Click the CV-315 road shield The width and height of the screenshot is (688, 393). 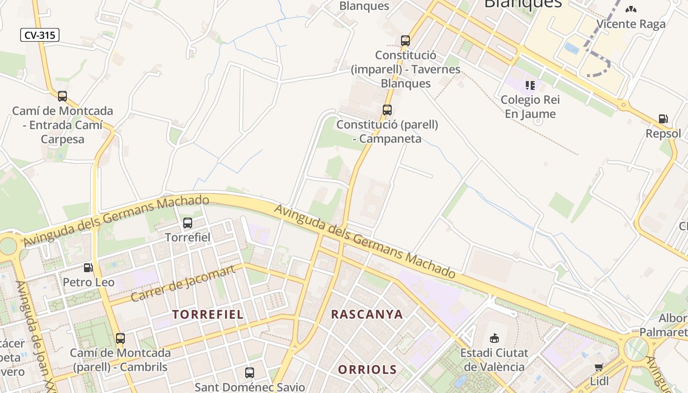pyautogui.click(x=40, y=35)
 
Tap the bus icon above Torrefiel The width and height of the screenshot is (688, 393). pyautogui.click(x=187, y=223)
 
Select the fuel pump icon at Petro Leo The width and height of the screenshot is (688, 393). pyautogui.click(x=88, y=268)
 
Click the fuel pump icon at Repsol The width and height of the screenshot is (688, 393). pyautogui.click(x=663, y=118)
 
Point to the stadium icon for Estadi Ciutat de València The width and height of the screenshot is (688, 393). pyautogui.click(x=494, y=338)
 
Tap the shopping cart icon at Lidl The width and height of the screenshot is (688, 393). pyautogui.click(x=599, y=367)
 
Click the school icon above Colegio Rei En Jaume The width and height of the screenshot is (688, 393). pyautogui.click(x=530, y=85)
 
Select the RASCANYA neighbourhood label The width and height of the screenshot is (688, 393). pyautogui.click(x=367, y=314)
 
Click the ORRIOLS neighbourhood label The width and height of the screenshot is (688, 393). pyautogui.click(x=367, y=369)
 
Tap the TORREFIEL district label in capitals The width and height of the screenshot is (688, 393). pyautogui.click(x=208, y=314)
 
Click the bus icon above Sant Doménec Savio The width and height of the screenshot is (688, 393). pyautogui.click(x=250, y=372)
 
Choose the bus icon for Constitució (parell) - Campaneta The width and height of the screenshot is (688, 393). pyautogui.click(x=387, y=110)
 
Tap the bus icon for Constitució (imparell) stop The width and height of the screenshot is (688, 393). pyautogui.click(x=405, y=40)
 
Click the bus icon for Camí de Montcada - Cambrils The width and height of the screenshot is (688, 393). pyautogui.click(x=120, y=338)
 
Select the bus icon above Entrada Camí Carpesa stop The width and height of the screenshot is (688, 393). pyautogui.click(x=62, y=96)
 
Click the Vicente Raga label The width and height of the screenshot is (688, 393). pyautogui.click(x=631, y=24)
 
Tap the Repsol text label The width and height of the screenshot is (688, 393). pyautogui.click(x=663, y=134)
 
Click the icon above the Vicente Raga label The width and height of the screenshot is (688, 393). pyautogui.click(x=631, y=9)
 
